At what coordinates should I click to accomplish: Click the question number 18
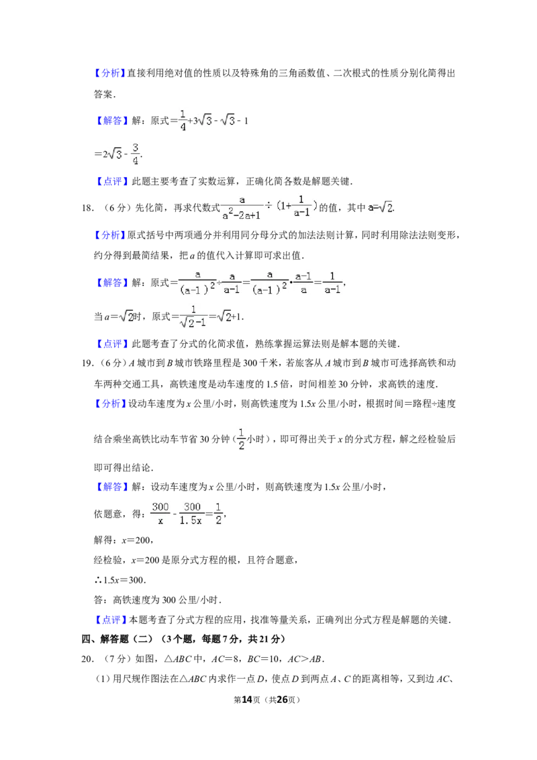tap(87, 208)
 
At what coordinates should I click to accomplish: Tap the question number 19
tap(87, 363)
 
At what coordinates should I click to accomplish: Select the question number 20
tap(87, 659)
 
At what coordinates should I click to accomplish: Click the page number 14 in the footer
tap(247, 700)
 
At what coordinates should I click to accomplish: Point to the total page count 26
tap(282, 700)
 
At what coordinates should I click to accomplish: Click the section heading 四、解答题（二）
tap(117, 639)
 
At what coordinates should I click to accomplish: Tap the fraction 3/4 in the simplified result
tap(135, 154)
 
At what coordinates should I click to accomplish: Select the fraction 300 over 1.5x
tap(191, 514)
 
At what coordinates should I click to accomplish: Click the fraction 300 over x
tap(160, 514)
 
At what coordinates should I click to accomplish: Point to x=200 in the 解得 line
tap(137, 540)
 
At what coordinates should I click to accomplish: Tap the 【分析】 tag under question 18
tap(110, 235)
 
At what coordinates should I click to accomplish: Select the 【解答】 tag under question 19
tap(111, 487)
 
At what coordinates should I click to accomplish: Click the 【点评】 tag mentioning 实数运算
tap(111, 182)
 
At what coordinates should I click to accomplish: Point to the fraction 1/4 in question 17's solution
tap(183, 121)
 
